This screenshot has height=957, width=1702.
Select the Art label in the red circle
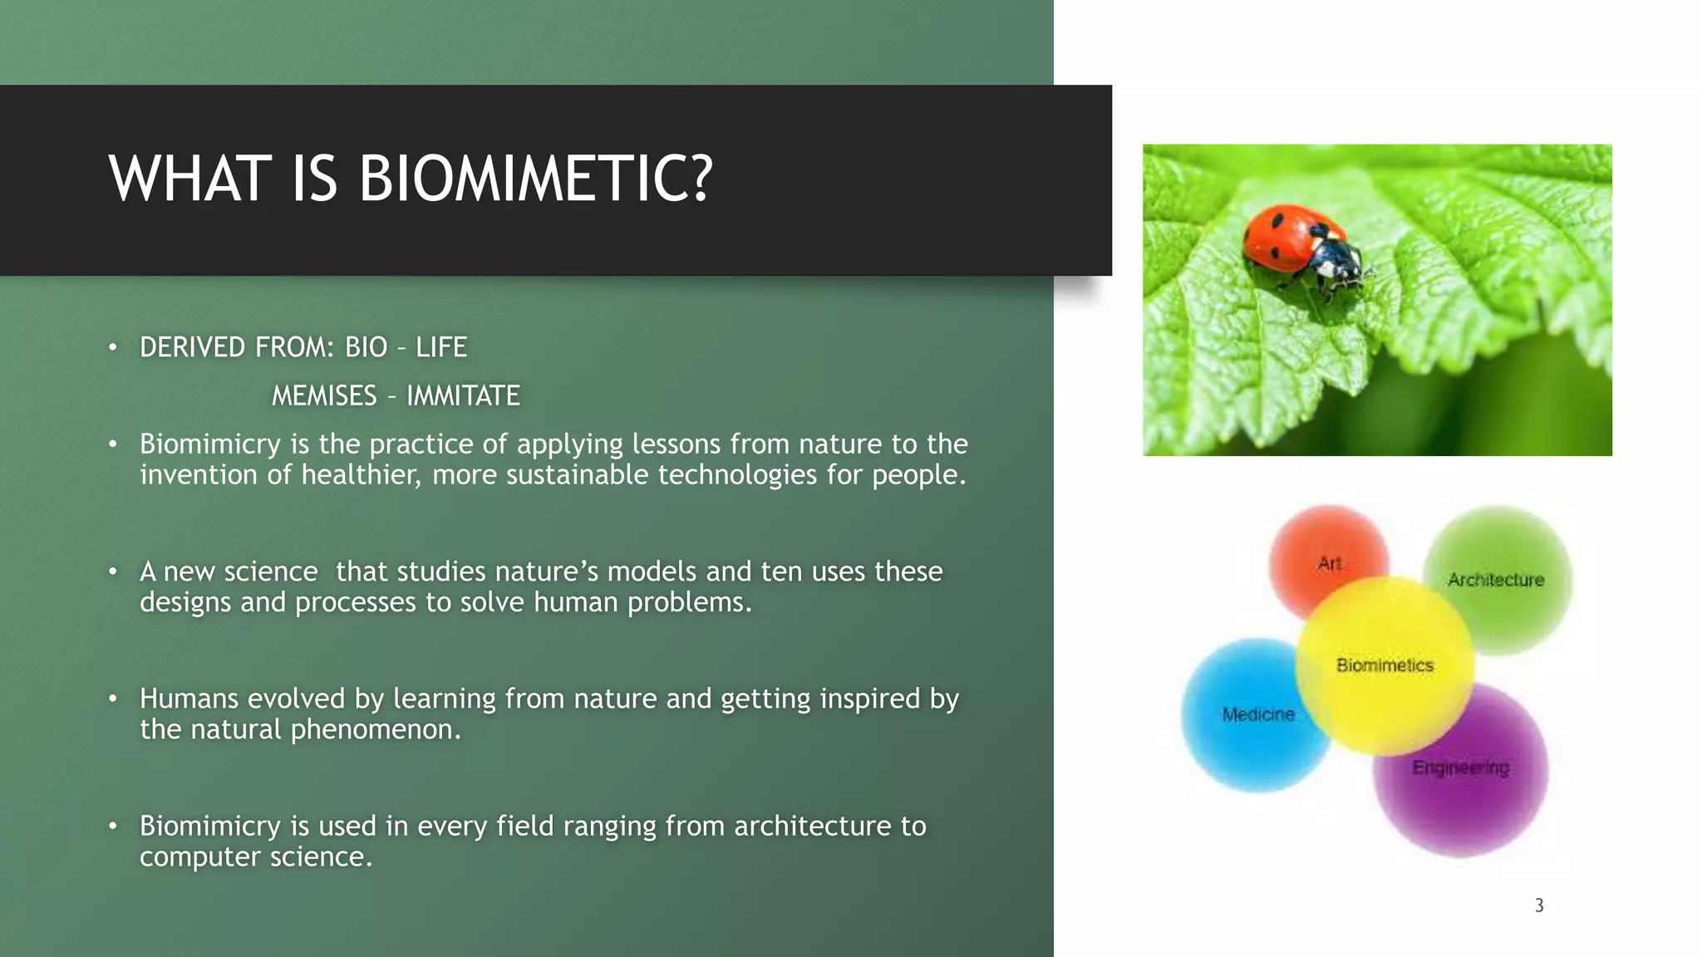click(1329, 564)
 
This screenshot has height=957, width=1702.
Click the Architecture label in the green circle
click(1495, 580)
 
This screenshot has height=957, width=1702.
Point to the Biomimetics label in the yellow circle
click(1385, 665)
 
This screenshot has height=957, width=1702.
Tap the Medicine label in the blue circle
click(1258, 714)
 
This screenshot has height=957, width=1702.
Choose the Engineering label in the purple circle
click(1460, 768)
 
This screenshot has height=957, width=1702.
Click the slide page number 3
click(1539, 905)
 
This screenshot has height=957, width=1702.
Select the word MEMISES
click(324, 396)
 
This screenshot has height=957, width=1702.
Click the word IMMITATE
click(463, 396)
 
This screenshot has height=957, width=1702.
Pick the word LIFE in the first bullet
click(441, 347)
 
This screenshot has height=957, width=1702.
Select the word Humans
click(189, 699)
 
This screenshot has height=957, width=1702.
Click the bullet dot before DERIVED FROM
click(113, 347)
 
